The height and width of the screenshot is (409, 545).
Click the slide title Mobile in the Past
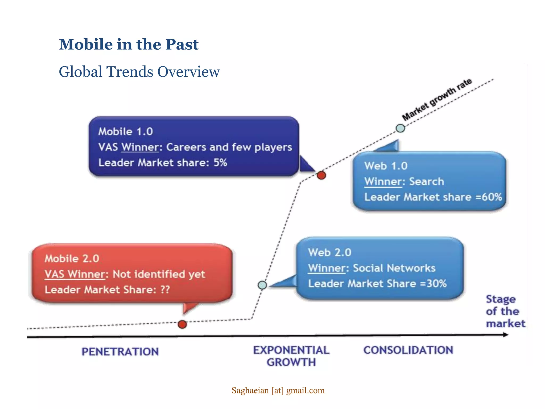(x=129, y=44)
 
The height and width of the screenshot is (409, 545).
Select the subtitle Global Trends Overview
(x=139, y=72)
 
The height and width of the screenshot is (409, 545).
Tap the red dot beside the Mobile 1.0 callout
(x=321, y=175)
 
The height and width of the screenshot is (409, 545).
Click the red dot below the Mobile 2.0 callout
(x=182, y=324)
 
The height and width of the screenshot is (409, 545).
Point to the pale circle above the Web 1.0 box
(x=400, y=128)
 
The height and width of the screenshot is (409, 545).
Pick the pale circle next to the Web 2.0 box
(x=262, y=285)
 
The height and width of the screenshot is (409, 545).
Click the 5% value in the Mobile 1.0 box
(x=220, y=162)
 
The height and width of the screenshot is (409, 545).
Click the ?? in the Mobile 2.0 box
(x=165, y=289)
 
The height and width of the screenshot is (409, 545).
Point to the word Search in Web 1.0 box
(x=426, y=182)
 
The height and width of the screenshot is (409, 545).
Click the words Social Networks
(x=394, y=268)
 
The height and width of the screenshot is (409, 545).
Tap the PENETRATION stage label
(x=120, y=352)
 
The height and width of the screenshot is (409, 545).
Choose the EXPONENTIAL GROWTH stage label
(x=291, y=356)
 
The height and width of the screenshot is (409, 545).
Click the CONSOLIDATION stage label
(x=408, y=350)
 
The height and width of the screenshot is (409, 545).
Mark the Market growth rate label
(x=437, y=100)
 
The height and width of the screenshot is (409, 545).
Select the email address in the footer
(x=278, y=390)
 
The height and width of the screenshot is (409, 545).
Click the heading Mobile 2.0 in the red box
(x=72, y=259)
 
